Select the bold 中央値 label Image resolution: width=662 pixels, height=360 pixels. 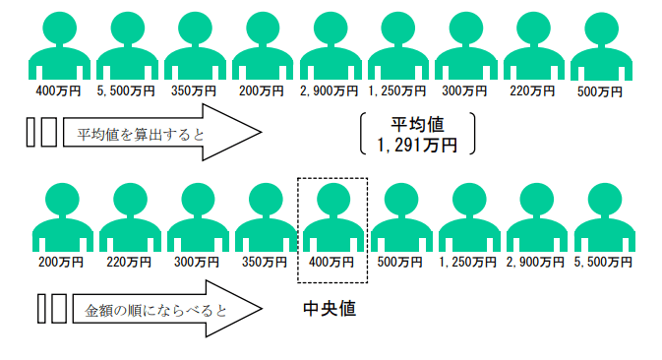pyautogui.click(x=330, y=309)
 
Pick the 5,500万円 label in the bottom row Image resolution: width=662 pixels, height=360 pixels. pyautogui.click(x=602, y=263)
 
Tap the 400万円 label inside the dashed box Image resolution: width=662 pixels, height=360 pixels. pyautogui.click(x=331, y=263)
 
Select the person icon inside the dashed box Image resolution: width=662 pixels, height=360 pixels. pyautogui.click(x=331, y=217)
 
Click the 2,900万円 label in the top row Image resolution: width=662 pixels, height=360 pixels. pyautogui.click(x=329, y=91)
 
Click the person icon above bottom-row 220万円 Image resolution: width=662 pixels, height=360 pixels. pyautogui.click(x=130, y=217)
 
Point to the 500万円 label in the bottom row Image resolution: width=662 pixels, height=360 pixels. pyautogui.click(x=399, y=263)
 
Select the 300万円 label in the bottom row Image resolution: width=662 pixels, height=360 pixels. pyautogui.click(x=197, y=263)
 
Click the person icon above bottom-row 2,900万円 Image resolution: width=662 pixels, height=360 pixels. pyautogui.click(x=534, y=217)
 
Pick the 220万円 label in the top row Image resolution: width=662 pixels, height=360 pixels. pyautogui.click(x=532, y=91)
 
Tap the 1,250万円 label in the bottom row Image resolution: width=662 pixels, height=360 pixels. pyautogui.click(x=466, y=263)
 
